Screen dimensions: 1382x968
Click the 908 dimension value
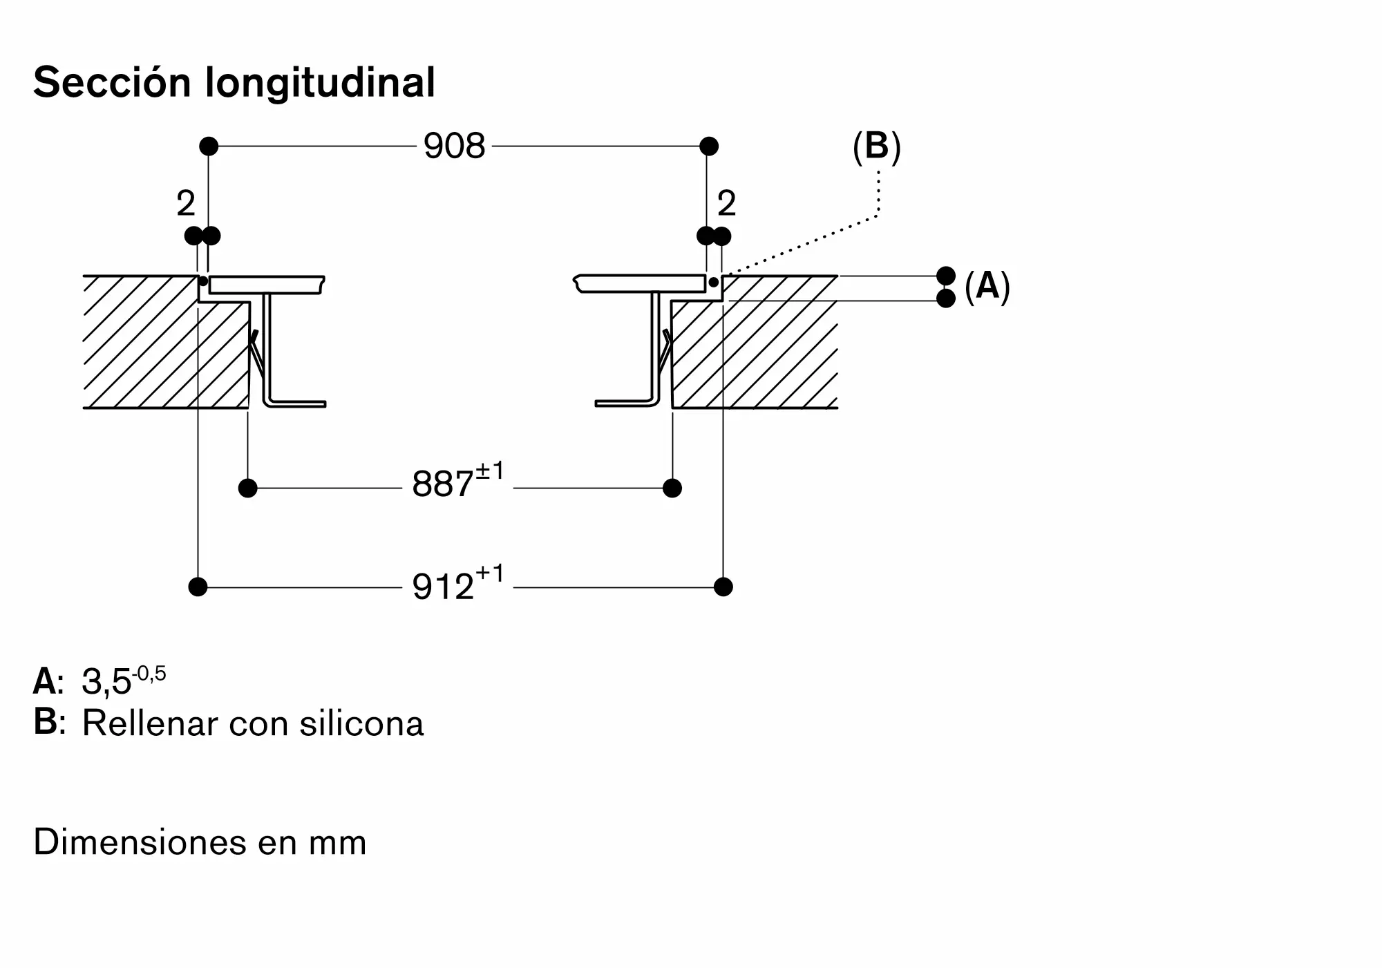[455, 146]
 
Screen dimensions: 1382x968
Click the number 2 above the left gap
[186, 203]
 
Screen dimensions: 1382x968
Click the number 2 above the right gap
[727, 203]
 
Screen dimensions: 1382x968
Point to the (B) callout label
[877, 147]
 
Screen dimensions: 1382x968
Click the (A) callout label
[987, 286]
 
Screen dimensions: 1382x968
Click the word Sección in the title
[112, 82]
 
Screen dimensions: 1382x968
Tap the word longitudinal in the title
[321, 84]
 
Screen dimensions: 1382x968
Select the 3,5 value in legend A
[106, 683]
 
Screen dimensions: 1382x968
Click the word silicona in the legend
[361, 723]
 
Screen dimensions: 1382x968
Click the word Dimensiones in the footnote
[140, 842]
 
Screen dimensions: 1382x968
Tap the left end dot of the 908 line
[209, 146]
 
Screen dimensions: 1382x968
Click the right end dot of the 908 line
[709, 146]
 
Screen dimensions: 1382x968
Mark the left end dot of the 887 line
[247, 488]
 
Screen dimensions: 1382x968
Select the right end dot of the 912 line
[723, 587]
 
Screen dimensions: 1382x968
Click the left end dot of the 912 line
[198, 587]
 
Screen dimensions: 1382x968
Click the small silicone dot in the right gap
[713, 282]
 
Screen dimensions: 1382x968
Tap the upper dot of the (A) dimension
[946, 276]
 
